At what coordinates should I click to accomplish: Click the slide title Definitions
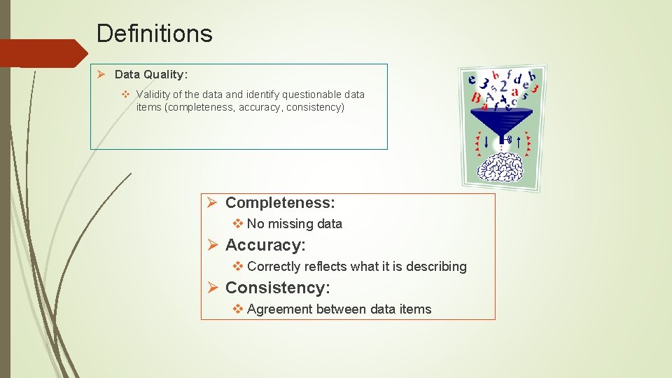(154, 33)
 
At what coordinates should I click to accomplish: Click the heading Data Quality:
(151, 74)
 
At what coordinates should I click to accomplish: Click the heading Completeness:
(280, 203)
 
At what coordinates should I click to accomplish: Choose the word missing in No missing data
(290, 224)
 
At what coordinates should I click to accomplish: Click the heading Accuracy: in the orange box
(265, 246)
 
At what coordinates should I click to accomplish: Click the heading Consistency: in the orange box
(277, 288)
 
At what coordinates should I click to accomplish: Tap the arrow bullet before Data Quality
(101, 74)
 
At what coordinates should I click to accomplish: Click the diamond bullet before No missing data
(238, 224)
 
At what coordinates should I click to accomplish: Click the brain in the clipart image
(503, 166)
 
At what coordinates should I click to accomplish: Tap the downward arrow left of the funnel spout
(486, 141)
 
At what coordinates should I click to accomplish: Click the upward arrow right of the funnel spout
(518, 142)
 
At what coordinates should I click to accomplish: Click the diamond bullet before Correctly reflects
(238, 267)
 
